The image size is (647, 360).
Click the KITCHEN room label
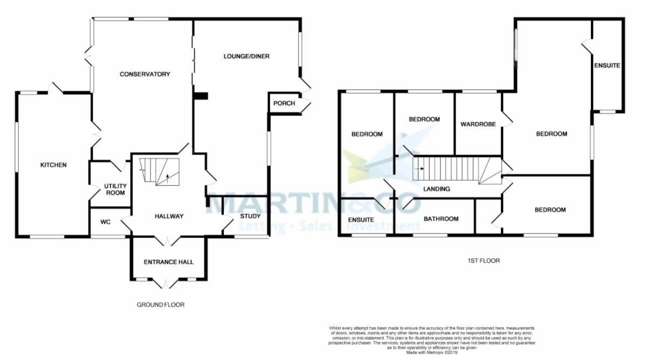(53, 165)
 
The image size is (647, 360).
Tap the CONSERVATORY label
(144, 74)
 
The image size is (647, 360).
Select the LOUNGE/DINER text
(246, 56)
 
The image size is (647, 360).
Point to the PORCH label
(284, 103)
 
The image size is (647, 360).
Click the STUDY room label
(250, 216)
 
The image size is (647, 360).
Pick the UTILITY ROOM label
(115, 189)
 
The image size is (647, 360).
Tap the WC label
(106, 221)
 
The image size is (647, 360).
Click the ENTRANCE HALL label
(168, 262)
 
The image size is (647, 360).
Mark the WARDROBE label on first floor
(478, 124)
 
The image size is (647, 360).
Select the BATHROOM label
(441, 219)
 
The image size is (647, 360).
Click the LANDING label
(437, 189)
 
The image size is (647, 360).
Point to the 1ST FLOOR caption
(484, 261)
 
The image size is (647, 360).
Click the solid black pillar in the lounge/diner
(201, 96)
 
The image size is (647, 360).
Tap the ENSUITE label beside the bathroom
(361, 220)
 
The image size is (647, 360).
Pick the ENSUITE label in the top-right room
(607, 65)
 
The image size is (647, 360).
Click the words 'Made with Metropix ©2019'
(431, 353)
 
